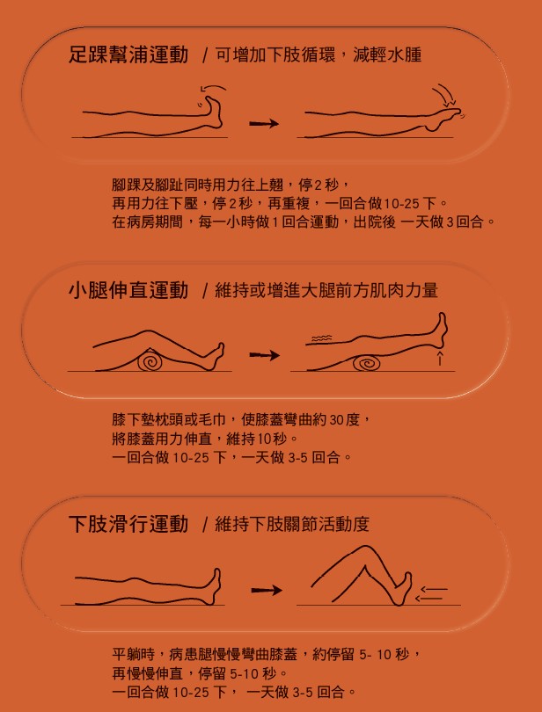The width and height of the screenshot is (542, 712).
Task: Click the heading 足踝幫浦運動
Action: point(128,55)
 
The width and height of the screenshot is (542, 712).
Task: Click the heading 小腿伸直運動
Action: point(128,290)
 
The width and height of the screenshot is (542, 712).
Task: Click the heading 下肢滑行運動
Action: point(128,525)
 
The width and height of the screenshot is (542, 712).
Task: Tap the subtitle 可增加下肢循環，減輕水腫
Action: point(318,55)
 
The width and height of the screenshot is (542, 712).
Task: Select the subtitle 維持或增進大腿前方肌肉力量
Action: point(326,290)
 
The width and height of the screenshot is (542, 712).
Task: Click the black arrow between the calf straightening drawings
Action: point(264,356)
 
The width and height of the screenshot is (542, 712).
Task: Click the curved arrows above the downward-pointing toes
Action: point(443,94)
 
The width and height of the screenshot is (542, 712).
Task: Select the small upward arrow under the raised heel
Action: point(439,358)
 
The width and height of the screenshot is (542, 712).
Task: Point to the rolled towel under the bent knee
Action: point(150,361)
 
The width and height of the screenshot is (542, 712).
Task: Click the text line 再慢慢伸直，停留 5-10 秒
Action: point(201,673)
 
